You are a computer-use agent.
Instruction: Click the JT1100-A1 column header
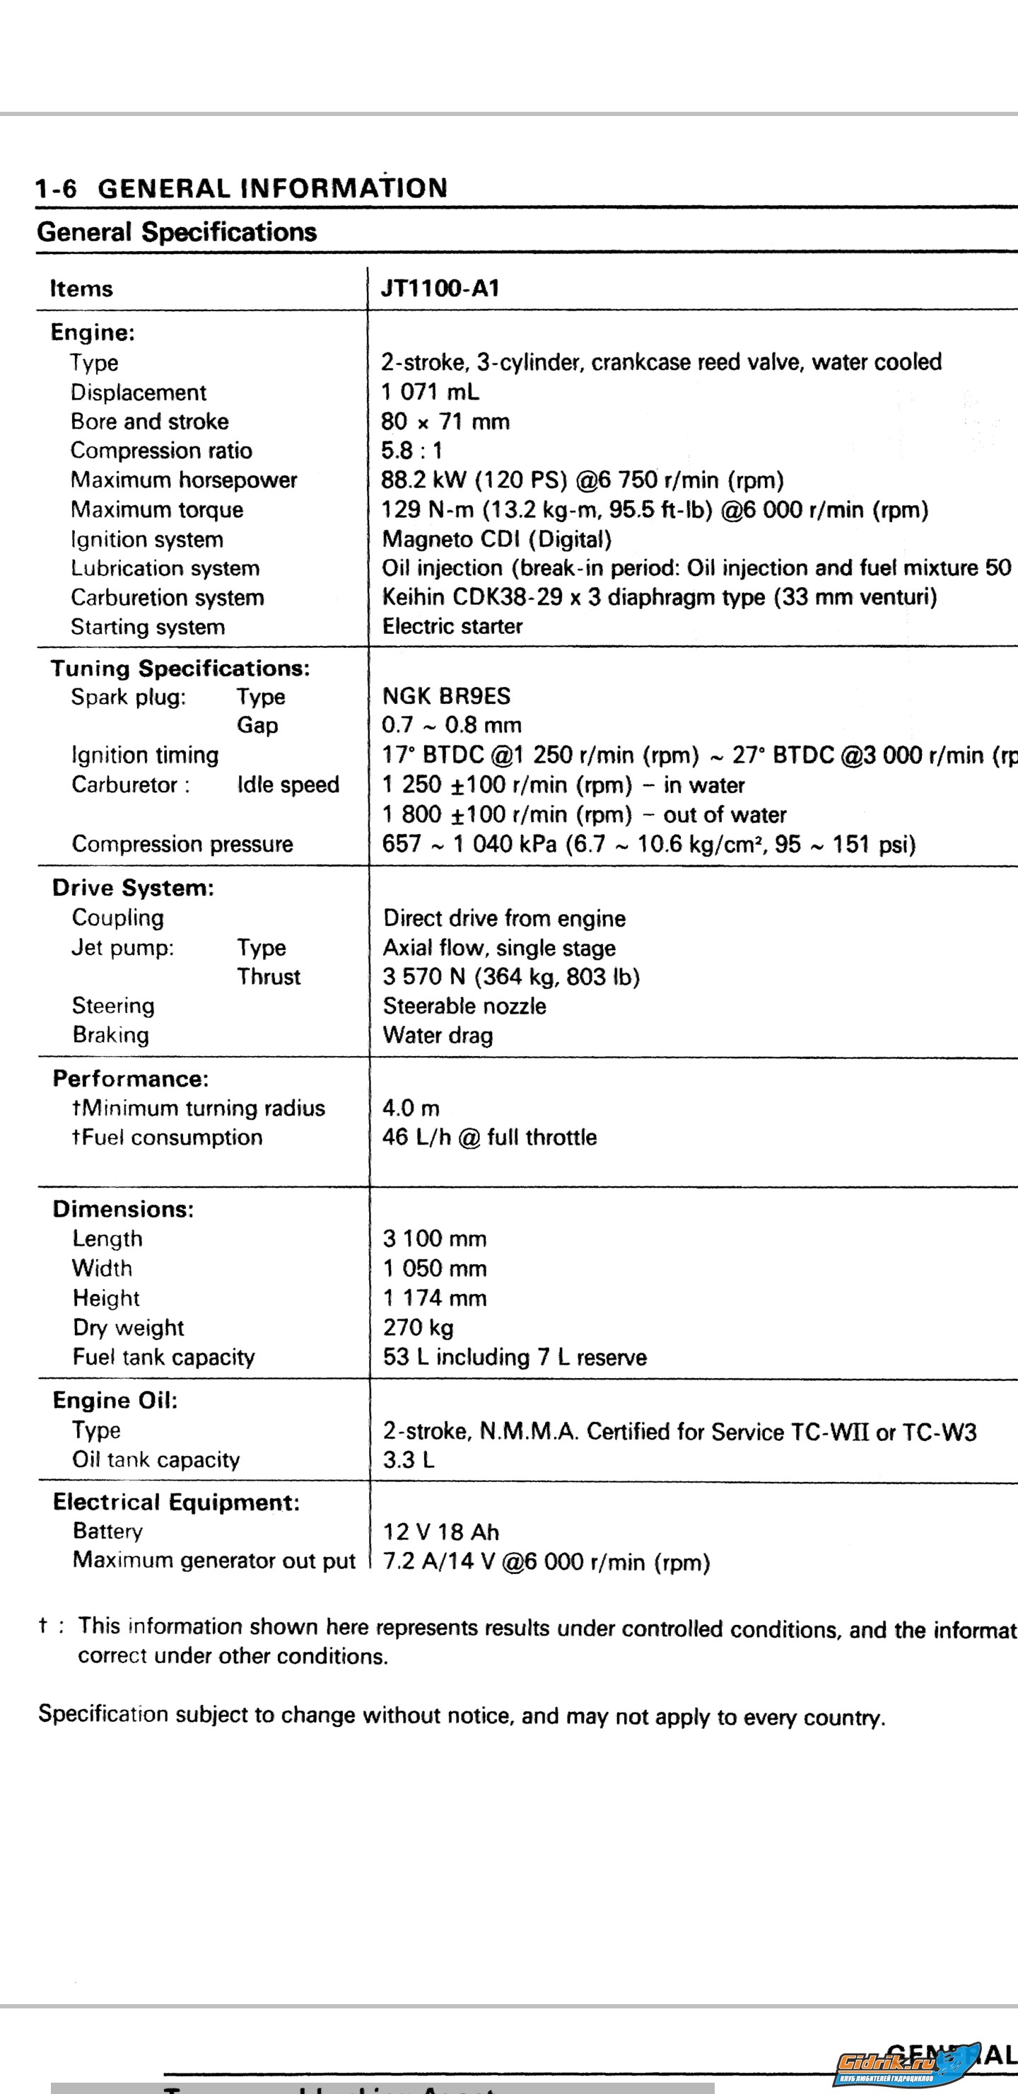(x=440, y=289)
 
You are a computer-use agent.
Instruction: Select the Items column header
(x=81, y=289)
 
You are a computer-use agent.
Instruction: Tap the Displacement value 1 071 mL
(x=430, y=392)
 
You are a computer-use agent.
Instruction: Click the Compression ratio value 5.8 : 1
(x=412, y=451)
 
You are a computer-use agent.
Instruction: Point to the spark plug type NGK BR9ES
(x=446, y=696)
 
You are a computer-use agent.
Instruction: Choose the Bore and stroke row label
(x=149, y=421)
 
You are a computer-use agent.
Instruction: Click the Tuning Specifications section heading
(x=180, y=669)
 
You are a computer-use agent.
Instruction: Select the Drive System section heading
(x=133, y=888)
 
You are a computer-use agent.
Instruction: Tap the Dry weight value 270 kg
(x=419, y=1327)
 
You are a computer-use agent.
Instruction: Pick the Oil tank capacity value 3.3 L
(x=409, y=1459)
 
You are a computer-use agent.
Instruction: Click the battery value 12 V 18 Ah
(x=441, y=1532)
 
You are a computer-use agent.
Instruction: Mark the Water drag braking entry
(x=438, y=1035)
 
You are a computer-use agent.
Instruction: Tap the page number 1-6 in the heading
(x=55, y=189)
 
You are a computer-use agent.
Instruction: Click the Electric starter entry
(x=452, y=626)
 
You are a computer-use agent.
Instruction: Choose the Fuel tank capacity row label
(x=163, y=1357)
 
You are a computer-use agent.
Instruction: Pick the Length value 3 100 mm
(x=435, y=1239)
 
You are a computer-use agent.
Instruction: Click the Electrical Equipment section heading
(x=176, y=1501)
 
